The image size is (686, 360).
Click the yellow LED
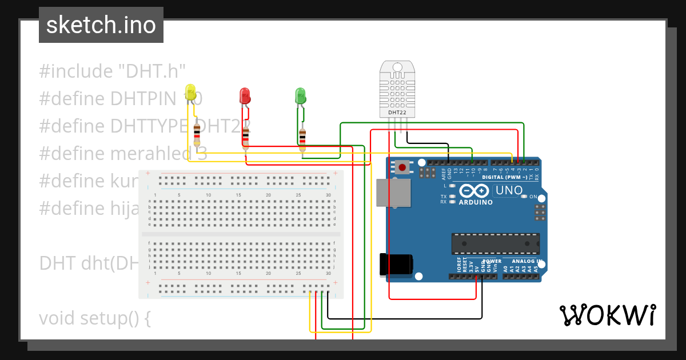point(190,93)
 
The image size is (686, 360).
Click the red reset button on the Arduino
point(402,167)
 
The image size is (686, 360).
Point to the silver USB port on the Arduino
point(393,193)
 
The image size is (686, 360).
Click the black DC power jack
point(396,265)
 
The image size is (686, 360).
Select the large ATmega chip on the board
point(495,243)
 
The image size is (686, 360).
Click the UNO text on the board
point(509,190)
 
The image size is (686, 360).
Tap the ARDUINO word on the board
point(476,202)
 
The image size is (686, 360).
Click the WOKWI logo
point(607,315)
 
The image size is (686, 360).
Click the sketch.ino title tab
point(101,25)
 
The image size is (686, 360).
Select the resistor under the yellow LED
point(197,134)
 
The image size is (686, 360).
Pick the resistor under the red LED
point(246,138)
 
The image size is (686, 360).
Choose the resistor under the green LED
point(302,137)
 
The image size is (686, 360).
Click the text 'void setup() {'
point(94,318)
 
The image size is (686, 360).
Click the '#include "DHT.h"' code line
point(113,71)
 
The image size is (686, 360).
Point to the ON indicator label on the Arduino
point(533,197)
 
